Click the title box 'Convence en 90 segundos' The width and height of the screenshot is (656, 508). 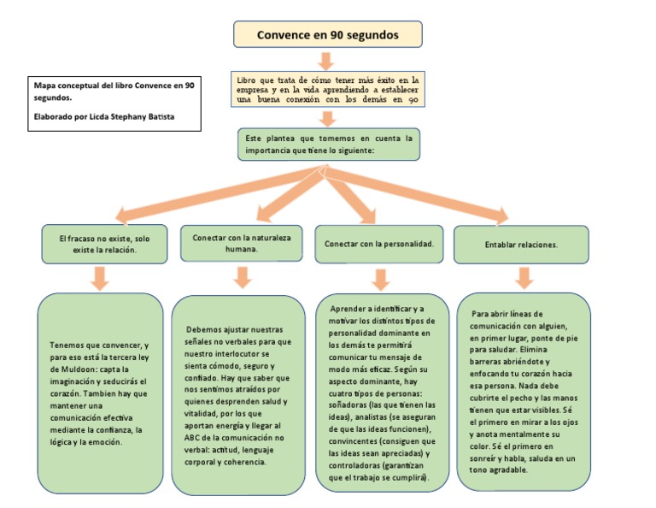tap(328, 34)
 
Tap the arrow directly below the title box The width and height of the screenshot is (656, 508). tap(325, 61)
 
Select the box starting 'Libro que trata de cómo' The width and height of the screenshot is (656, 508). tap(328, 89)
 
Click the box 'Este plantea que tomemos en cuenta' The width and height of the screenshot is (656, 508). tap(328, 144)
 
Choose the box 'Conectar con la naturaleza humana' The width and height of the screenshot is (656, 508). tap(242, 243)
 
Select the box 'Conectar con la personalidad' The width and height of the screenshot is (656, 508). tap(380, 244)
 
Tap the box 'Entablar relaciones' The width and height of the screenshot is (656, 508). tap(521, 244)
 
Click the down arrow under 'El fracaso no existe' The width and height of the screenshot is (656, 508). tap(100, 278)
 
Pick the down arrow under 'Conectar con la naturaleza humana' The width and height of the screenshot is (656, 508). tap(242, 276)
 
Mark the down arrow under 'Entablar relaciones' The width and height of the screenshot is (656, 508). tap(524, 276)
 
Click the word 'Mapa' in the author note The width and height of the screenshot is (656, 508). tap(46, 86)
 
